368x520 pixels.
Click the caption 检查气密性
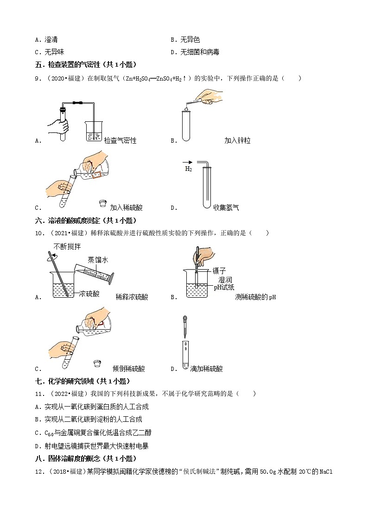(x=121, y=141)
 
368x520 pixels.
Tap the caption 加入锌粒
(x=237, y=141)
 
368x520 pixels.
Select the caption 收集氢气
(x=226, y=208)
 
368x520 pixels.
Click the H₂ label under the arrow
(x=189, y=169)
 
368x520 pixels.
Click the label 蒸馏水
(x=98, y=260)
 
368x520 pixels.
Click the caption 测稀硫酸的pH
(x=255, y=297)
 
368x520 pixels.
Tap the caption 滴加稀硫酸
(x=207, y=369)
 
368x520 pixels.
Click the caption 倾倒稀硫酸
(x=129, y=369)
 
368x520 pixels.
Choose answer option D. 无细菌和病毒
(x=195, y=52)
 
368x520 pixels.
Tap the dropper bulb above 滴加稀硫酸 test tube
(x=185, y=320)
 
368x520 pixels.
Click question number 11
(x=38, y=394)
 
